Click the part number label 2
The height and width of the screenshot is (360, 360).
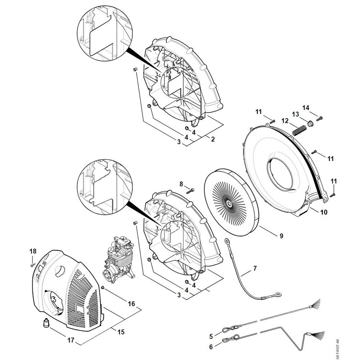tap(212, 139)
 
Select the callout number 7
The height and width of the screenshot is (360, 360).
tap(255, 268)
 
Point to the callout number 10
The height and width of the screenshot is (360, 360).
tap(323, 212)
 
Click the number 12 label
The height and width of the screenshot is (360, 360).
tap(285, 121)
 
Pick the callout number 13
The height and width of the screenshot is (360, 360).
tap(296, 114)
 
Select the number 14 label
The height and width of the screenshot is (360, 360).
tap(306, 108)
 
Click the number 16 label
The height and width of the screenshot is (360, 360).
tap(132, 304)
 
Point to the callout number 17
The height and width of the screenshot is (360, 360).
tap(71, 340)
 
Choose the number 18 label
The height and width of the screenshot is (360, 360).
tap(33, 251)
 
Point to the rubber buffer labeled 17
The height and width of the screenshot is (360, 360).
tap(46, 323)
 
